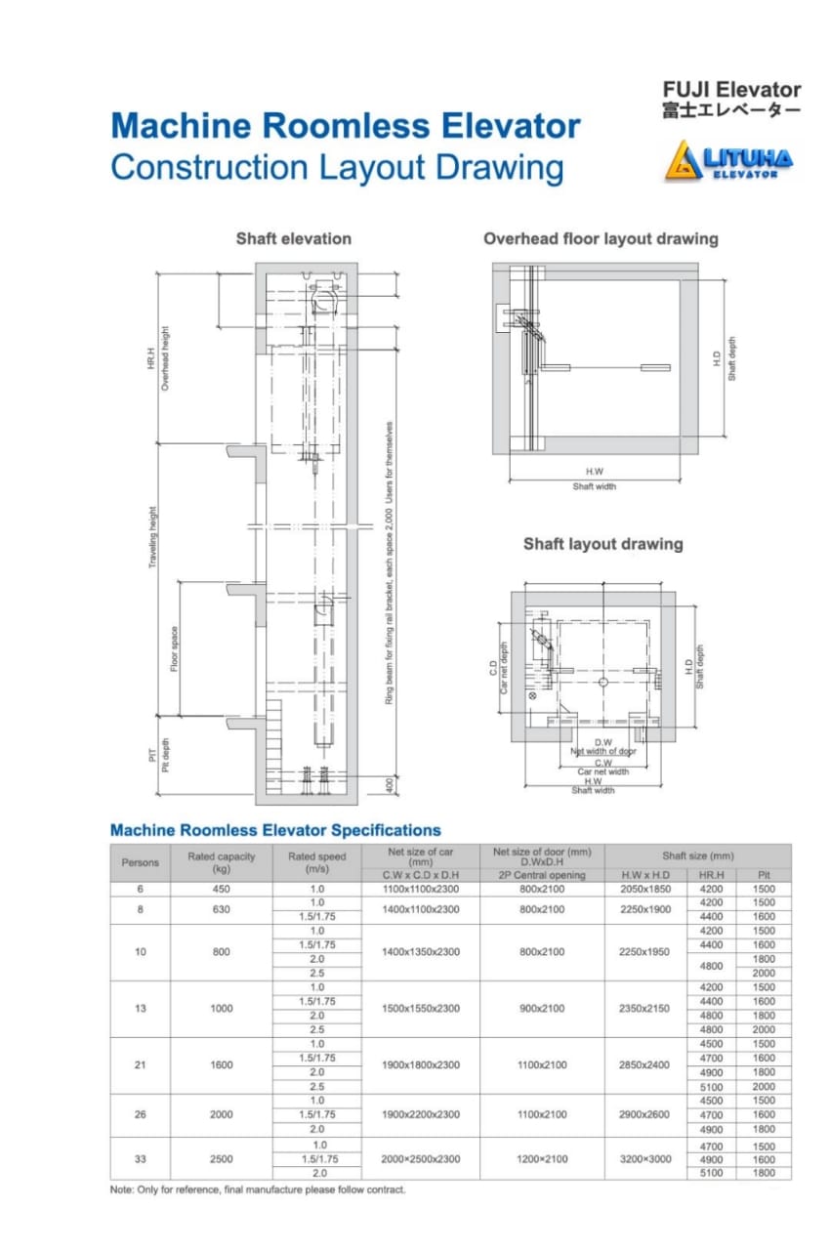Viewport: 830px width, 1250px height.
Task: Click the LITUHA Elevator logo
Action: coord(729,160)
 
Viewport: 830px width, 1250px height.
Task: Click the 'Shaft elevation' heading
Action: coord(293,238)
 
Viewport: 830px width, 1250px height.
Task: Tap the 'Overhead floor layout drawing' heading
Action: coord(601,238)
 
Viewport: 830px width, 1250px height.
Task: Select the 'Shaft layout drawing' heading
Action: coord(602,544)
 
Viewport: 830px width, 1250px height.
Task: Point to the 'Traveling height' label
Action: coord(152,537)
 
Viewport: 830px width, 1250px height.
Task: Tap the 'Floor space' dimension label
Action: coord(174,648)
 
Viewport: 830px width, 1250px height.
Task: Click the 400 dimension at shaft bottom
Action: coord(390,783)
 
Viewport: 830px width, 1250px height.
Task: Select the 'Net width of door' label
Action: coord(602,751)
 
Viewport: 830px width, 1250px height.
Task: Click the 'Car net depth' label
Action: coord(505,668)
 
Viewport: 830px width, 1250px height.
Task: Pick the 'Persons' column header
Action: coord(141,862)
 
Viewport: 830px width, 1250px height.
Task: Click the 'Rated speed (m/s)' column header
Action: coord(317,862)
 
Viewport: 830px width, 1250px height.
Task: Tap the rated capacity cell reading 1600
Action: coord(222,1064)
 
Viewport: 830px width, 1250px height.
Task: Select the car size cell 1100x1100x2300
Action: coord(420,890)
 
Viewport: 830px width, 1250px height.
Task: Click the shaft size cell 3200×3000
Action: coord(645,1159)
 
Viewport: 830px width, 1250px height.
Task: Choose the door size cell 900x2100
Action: coord(541,1008)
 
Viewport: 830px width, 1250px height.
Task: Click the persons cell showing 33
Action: coord(141,1159)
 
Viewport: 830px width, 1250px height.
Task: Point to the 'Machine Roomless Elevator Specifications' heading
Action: coord(275,830)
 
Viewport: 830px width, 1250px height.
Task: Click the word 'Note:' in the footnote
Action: coord(123,1189)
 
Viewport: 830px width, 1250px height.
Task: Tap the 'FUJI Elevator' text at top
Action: coord(731,91)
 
